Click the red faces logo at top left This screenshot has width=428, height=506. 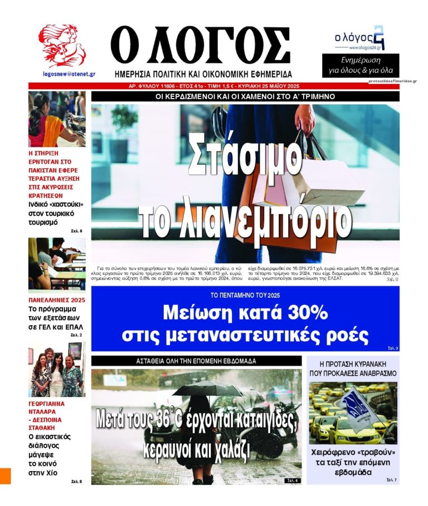point(61,46)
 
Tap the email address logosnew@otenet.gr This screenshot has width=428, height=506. point(61,73)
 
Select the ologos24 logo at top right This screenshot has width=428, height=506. point(359,38)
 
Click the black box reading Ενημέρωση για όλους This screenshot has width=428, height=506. point(360,65)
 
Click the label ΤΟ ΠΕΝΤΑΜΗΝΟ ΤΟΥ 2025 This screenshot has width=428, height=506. point(245,294)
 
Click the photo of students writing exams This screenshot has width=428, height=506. point(57,263)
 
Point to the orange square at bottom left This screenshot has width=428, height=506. point(5,475)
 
